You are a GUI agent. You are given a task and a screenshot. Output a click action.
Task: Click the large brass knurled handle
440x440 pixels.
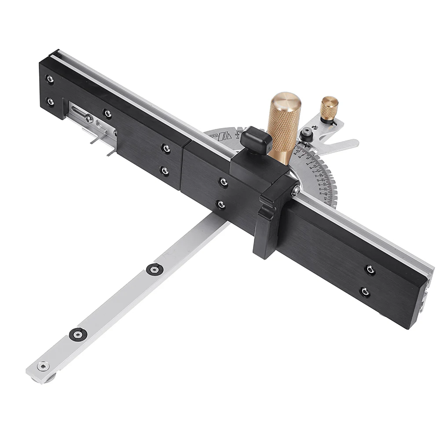[x=284, y=123]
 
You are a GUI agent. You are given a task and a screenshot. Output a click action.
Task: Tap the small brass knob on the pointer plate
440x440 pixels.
[x=329, y=107]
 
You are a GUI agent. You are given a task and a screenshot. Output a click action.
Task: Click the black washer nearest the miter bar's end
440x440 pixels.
[x=78, y=334]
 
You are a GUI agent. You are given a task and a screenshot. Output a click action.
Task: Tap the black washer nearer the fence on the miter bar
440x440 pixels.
[x=154, y=269]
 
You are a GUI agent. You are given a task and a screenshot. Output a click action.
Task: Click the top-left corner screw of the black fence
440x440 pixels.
[x=50, y=80]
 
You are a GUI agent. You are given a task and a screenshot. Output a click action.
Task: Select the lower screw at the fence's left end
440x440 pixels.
[x=51, y=102]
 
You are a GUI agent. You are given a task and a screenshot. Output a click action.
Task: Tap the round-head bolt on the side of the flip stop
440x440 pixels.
[x=296, y=190]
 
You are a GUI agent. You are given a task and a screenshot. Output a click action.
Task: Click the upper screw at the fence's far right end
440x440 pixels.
[x=370, y=269]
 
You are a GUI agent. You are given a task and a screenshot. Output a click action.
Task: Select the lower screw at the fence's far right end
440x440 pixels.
[x=364, y=291]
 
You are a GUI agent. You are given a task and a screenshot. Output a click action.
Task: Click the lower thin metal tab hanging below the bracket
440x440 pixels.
[x=110, y=151]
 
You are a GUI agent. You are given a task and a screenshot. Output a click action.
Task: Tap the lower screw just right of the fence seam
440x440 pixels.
[x=221, y=204]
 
